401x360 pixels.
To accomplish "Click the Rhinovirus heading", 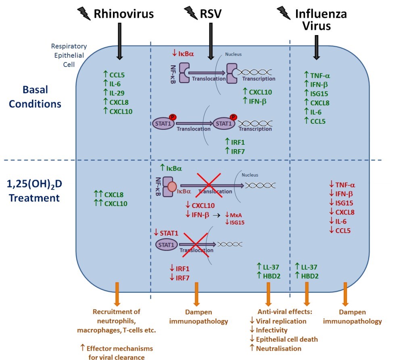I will tap(124, 14).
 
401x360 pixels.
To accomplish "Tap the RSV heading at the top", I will tap(211, 14).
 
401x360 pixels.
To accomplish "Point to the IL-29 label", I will tap(118, 92).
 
